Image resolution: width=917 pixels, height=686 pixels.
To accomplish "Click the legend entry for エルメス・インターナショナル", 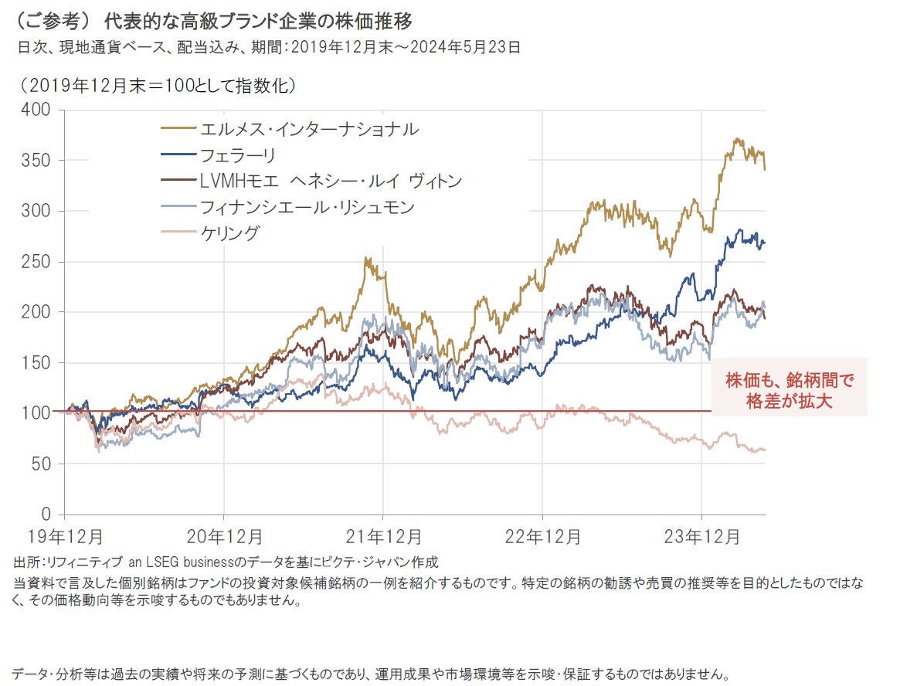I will (x=308, y=128).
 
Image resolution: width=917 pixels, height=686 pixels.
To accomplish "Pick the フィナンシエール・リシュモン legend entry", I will (x=307, y=207).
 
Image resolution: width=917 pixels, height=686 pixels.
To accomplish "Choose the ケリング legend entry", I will (x=229, y=233).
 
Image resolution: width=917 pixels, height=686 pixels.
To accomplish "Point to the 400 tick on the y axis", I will (x=38, y=110).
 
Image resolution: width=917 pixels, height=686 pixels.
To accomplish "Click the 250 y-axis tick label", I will (x=38, y=262).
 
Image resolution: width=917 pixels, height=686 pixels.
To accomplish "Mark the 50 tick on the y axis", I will (x=42, y=464).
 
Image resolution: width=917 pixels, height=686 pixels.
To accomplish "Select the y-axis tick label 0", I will (x=46, y=514).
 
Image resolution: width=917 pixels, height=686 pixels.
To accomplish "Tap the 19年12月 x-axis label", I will (x=64, y=535).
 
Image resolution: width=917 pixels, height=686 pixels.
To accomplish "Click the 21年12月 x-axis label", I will (x=383, y=535).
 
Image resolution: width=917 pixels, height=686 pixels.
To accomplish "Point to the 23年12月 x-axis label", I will (x=701, y=535).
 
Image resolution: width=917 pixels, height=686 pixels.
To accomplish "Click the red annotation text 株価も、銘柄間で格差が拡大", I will (x=789, y=391).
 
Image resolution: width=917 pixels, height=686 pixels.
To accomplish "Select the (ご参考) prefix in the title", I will (x=50, y=19).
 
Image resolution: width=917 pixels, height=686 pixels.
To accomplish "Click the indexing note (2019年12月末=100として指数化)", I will (x=158, y=83).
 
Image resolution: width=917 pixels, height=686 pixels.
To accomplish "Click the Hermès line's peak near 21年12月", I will (x=366, y=259).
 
